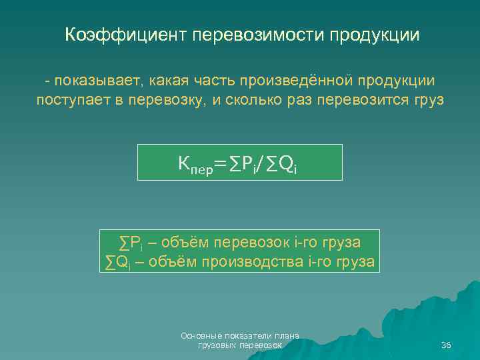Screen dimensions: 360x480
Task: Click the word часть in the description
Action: pos(219,81)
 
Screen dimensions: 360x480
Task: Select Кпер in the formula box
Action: pos(195,163)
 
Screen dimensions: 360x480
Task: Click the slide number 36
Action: pos(446,345)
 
